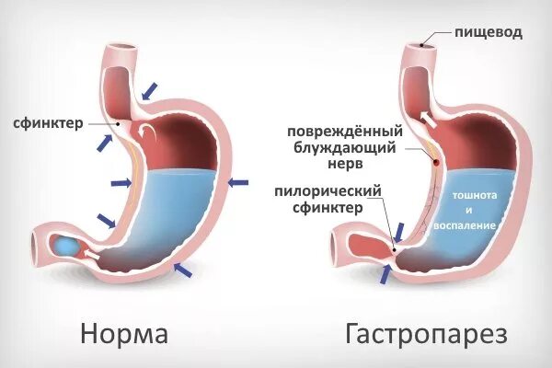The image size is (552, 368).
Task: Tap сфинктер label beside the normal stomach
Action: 50,121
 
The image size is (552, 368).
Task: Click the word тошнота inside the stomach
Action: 474,195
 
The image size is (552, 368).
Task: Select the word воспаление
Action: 474,224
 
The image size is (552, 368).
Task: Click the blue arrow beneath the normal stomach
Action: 183,269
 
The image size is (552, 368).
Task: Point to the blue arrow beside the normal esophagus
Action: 148,88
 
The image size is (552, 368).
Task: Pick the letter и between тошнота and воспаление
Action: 474,210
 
